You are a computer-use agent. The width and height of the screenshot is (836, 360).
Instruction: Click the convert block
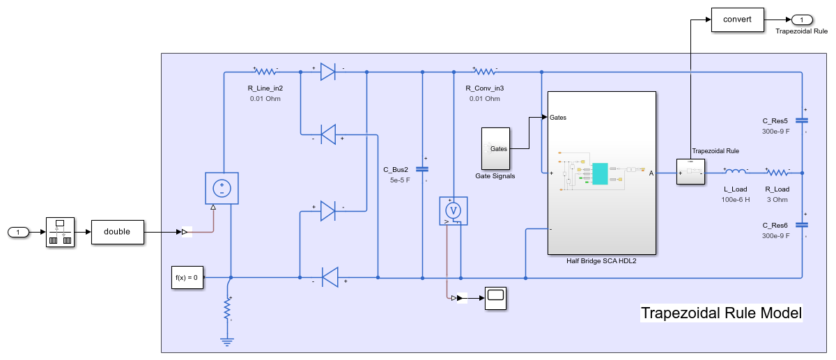click(x=737, y=19)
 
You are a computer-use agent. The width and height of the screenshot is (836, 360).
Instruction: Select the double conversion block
click(x=117, y=232)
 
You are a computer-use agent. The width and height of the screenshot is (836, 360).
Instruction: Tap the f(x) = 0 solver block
click(x=186, y=278)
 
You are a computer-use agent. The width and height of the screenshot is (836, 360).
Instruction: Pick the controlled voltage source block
click(x=222, y=188)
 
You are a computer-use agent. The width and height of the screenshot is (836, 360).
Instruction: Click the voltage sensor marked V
click(x=453, y=210)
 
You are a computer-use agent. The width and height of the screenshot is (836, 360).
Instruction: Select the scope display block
click(x=495, y=297)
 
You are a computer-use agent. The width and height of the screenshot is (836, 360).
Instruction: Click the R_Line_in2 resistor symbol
click(x=265, y=71)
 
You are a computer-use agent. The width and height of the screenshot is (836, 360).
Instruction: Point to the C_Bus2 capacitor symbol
click(x=422, y=169)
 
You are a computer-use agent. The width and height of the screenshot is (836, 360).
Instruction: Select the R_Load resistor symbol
click(x=777, y=171)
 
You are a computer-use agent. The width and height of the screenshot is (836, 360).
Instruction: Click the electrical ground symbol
click(x=226, y=342)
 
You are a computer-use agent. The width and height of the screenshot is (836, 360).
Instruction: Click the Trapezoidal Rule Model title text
click(x=721, y=313)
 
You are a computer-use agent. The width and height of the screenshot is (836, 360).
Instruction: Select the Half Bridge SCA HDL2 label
click(x=602, y=261)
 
